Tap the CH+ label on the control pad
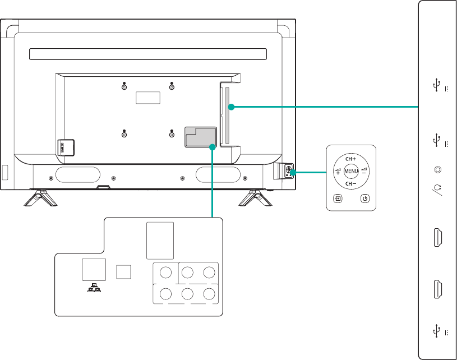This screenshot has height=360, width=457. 352,159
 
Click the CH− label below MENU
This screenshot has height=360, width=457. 352,184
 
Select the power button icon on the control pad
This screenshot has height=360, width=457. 364,198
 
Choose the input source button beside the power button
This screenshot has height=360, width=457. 338,198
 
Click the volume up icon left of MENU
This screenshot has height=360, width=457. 338,171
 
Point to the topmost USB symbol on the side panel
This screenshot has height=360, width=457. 436,85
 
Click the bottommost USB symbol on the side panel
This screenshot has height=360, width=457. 436,331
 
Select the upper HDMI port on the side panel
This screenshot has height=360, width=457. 437,238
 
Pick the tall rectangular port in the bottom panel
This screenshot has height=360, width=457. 160,239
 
